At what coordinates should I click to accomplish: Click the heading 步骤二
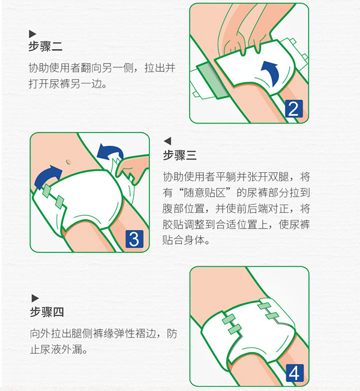(46, 46)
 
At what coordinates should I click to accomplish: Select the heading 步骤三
(180, 155)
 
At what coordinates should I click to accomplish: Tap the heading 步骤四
(46, 312)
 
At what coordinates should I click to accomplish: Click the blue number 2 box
(293, 109)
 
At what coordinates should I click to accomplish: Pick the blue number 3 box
(134, 239)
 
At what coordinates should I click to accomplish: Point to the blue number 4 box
(293, 372)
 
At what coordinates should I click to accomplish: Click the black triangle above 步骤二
(32, 34)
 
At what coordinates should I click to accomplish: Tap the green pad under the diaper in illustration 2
(214, 77)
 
